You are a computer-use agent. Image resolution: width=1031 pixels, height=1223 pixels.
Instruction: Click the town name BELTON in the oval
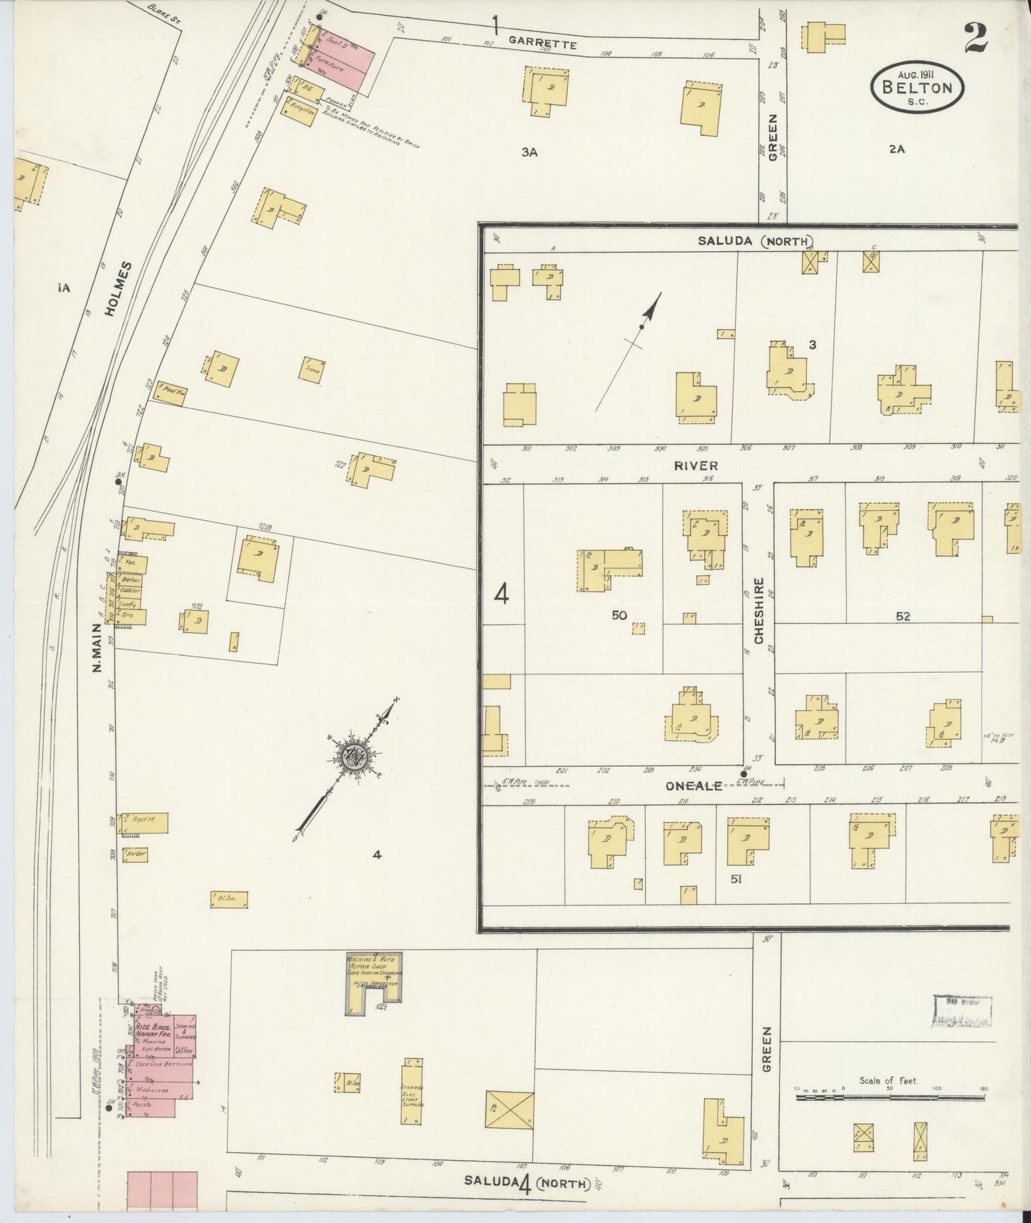(x=917, y=88)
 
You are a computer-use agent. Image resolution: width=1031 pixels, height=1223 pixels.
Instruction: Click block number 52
(x=903, y=616)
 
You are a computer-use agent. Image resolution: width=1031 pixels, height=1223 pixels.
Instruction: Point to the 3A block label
(x=529, y=151)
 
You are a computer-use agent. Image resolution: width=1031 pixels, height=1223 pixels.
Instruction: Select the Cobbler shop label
(x=131, y=591)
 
